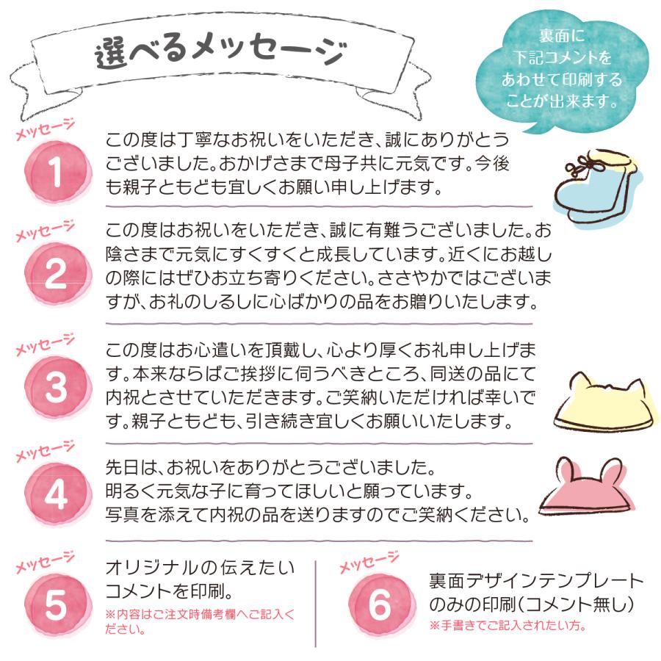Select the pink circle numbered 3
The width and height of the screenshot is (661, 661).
56,385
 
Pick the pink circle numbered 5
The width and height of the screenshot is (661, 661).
56,602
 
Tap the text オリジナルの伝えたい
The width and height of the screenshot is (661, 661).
200,567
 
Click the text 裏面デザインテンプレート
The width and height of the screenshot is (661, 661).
535,581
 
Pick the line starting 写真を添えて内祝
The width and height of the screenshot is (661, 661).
317,513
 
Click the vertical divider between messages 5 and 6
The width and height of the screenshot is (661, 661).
315,602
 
